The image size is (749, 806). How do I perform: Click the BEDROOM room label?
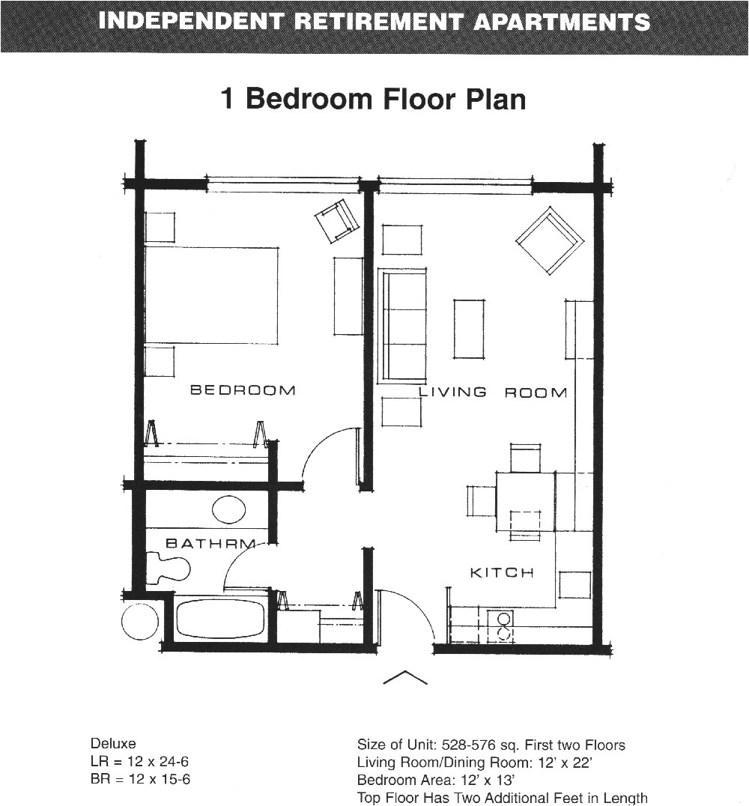tap(243, 390)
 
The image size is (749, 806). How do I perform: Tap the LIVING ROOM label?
tap(492, 393)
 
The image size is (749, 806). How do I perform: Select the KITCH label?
tap(502, 573)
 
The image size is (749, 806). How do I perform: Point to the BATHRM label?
tap(210, 543)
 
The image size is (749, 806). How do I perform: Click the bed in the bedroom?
tap(210, 295)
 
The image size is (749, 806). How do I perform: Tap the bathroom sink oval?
tap(228, 510)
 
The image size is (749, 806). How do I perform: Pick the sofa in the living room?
tap(403, 325)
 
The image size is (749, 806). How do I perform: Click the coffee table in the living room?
tap(469, 329)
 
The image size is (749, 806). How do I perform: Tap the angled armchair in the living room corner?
tap(550, 240)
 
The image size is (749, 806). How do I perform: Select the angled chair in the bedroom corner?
tap(337, 221)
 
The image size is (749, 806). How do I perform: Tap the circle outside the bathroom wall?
tap(140, 622)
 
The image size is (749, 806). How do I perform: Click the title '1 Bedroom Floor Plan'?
tap(373, 99)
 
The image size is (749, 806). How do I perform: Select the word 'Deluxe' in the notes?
tap(113, 744)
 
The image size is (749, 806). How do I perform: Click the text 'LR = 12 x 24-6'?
tap(139, 762)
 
